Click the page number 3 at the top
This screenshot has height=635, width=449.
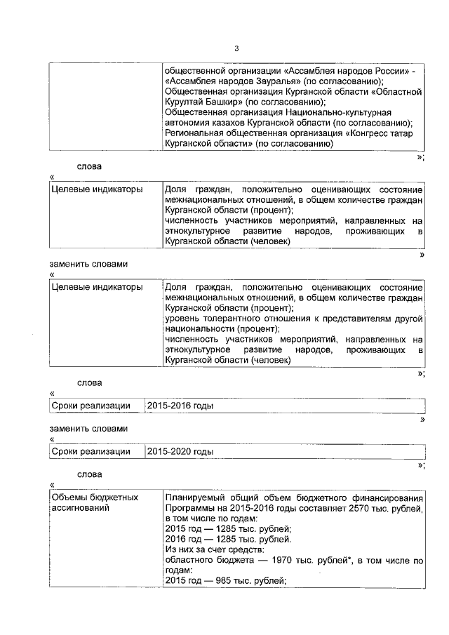click(x=236, y=48)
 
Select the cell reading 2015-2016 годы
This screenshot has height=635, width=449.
click(x=180, y=406)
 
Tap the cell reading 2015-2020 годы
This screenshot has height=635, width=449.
click(x=180, y=452)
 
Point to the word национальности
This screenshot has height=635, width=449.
click(x=199, y=329)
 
